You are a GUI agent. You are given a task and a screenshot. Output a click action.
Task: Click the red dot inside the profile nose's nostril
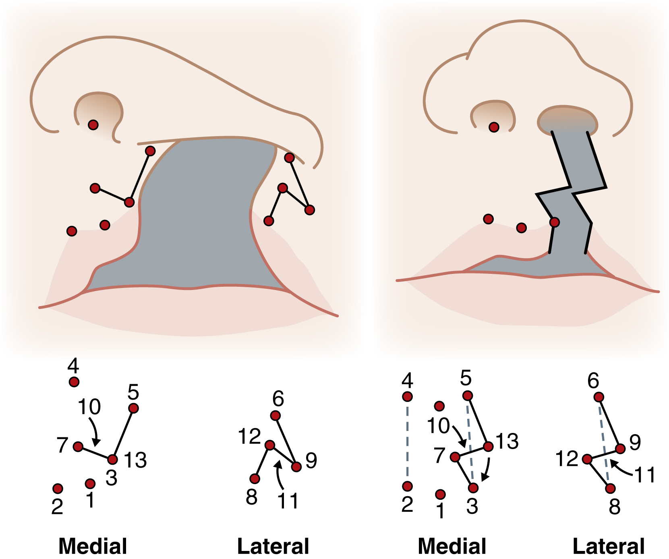point(93,125)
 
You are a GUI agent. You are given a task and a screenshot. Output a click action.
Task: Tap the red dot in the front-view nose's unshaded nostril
point(494,127)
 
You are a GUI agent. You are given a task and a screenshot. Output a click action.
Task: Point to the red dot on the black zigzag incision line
point(554,222)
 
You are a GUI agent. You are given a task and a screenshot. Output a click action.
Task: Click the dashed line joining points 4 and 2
point(408,441)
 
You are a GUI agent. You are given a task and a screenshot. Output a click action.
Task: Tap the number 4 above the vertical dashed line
point(407,380)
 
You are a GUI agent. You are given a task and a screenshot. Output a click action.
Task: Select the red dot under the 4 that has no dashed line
point(74,382)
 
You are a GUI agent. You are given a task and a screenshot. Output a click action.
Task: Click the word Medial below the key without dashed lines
point(93,547)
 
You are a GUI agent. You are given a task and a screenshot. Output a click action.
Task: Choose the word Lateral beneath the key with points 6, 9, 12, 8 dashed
point(609,547)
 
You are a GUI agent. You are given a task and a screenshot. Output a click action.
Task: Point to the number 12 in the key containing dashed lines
point(567,459)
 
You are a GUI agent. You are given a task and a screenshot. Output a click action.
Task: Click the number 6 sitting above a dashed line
point(593,381)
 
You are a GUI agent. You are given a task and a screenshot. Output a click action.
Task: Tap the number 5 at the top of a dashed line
point(466,378)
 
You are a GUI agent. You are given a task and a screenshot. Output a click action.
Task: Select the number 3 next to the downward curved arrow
point(472,506)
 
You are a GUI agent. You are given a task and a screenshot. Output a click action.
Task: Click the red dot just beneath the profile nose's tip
point(289,157)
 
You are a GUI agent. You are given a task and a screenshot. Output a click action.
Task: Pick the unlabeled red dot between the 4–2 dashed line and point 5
point(439,406)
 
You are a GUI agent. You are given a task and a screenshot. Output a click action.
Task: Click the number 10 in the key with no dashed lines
point(89,407)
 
